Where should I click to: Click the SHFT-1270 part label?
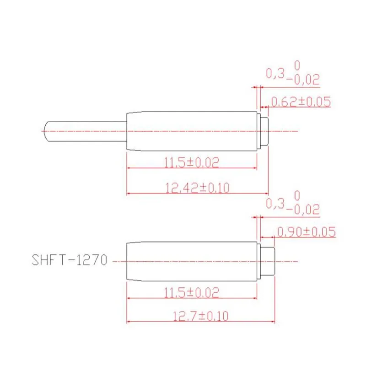(70, 260)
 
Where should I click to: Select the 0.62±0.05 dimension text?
(301, 102)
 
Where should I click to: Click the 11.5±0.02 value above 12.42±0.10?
(191, 162)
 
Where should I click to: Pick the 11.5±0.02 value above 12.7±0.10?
(191, 292)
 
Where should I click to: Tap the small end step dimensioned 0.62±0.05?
(264, 131)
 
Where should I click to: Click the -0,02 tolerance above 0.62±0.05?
(302, 80)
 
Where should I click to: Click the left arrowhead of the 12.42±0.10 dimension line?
(129, 194)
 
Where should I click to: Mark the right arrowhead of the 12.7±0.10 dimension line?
(273, 323)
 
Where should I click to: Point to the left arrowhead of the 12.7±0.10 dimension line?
(129, 323)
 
